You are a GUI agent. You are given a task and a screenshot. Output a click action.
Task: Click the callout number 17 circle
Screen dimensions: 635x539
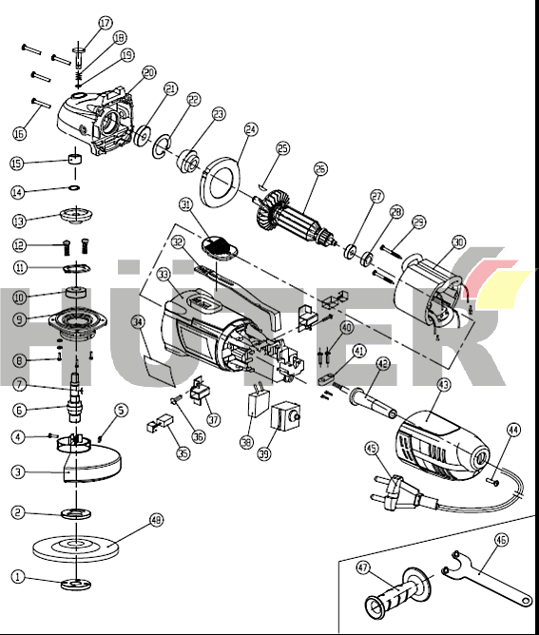(105, 22)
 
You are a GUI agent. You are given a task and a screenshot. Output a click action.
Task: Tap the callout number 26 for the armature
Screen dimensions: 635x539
(320, 169)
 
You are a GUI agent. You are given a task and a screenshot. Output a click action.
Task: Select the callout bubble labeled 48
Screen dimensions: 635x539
(157, 521)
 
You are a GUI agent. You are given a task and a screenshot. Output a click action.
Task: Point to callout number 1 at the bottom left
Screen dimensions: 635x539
(17, 576)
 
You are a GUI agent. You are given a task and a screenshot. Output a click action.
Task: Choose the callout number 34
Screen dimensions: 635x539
(139, 322)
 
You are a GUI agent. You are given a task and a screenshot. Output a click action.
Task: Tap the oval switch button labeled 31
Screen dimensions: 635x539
(221, 247)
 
